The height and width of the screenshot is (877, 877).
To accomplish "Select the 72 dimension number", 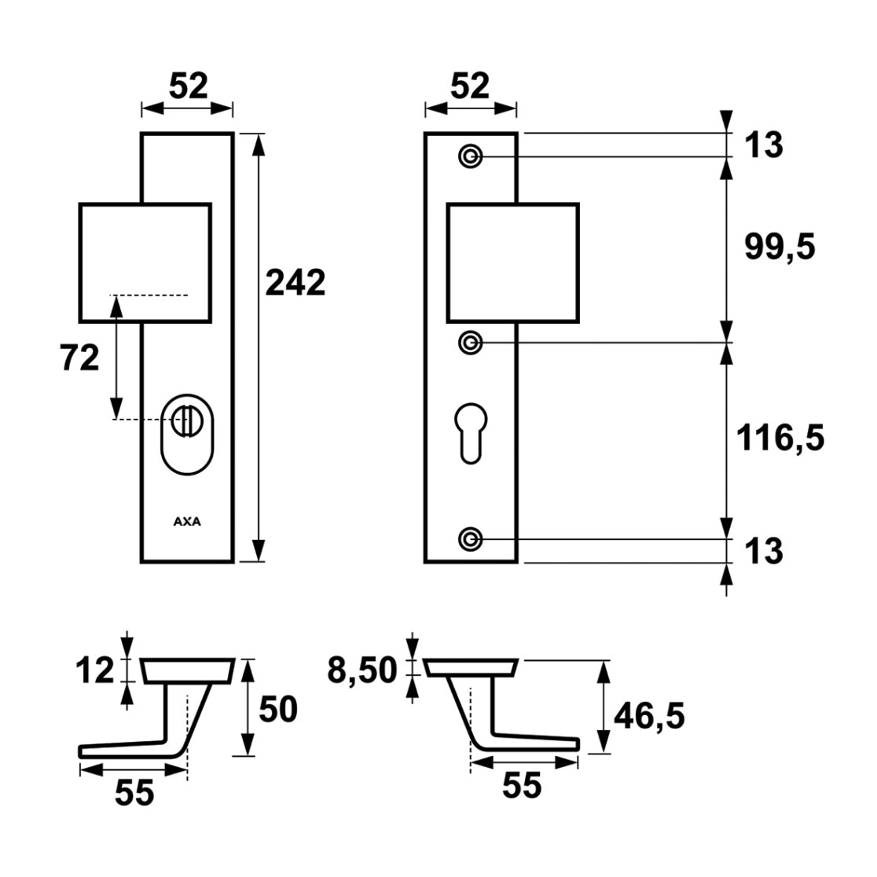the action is tap(79, 358).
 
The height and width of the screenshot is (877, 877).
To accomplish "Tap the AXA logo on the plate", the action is tap(187, 521).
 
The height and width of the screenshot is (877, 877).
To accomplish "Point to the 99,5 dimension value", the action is tap(780, 247).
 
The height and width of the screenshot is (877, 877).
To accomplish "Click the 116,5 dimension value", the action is tap(780, 437).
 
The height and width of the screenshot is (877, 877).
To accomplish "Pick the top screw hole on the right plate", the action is tap(471, 156).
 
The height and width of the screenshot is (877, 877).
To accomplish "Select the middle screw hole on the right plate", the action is tap(471, 343).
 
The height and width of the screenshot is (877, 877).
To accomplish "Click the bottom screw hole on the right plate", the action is tap(471, 540).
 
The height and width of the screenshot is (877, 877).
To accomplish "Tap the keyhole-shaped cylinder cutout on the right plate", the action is tap(471, 434).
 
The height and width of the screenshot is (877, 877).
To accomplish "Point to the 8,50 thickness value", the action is tap(361, 670).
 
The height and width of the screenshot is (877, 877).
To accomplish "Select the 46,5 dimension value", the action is tap(649, 715).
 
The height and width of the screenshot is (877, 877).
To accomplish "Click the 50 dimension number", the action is tap(278, 709).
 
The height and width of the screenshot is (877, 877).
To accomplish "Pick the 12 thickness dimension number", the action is tap(95, 670).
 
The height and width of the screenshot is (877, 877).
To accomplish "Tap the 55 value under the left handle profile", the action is tap(134, 792).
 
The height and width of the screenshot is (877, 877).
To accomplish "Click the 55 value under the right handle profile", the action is tap(522, 785).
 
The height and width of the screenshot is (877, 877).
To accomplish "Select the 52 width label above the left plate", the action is tap(189, 86).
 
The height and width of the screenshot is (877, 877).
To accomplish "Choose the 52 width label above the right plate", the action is tap(470, 86).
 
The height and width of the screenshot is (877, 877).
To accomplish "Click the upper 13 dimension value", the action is tap(764, 145).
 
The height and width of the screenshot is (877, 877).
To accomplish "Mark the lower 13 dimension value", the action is tap(764, 551).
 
